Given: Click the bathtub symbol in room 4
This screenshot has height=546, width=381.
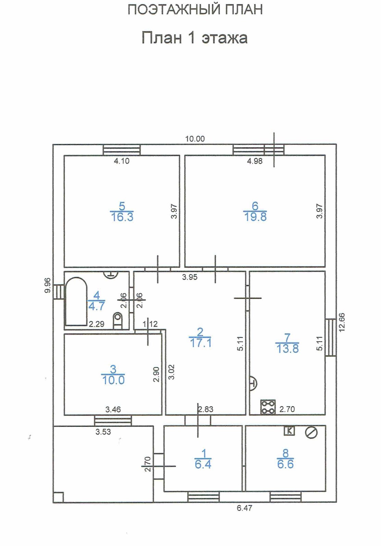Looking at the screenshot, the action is coord(76,301).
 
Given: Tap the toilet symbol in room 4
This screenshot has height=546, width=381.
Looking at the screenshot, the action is coord(118,321).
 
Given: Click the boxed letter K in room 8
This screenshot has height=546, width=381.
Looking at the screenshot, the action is coord(289,431).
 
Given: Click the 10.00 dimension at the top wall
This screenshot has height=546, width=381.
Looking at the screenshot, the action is coord(195,139).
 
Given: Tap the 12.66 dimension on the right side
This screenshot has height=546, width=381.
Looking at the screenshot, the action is coord(342,322).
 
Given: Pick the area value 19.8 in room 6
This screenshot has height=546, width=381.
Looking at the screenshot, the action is coord(255,217).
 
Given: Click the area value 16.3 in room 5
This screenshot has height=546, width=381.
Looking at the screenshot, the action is coord(122,217).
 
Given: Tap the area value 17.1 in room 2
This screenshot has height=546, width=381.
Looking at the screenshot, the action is coord(200,343).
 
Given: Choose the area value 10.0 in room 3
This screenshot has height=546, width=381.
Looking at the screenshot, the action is coord(113,380).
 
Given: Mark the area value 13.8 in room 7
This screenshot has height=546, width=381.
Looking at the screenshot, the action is coord(287,349).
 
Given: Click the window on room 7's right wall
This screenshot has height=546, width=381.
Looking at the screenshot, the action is coord(331,337).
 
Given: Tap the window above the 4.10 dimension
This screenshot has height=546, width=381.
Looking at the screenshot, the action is coord(122,149).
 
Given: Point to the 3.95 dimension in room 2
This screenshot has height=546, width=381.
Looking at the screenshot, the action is coord(190,277).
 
